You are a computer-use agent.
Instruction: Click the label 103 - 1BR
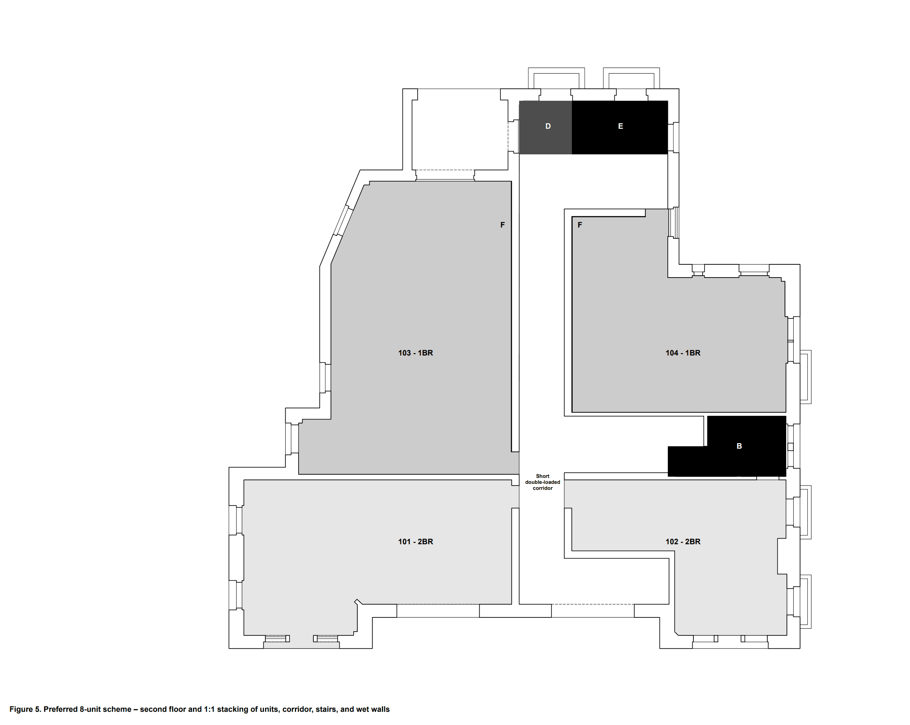tap(415, 353)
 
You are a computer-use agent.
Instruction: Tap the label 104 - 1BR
tap(683, 353)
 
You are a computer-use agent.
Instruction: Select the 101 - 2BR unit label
tap(415, 542)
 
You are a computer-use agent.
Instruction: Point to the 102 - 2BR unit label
tap(683, 542)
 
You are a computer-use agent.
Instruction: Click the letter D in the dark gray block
tap(548, 126)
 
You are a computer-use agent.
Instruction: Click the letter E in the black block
tap(620, 126)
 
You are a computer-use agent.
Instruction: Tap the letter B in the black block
tap(739, 446)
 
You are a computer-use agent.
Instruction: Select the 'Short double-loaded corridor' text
tap(543, 482)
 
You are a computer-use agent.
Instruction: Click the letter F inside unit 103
tap(502, 225)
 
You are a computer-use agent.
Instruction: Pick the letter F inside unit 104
tap(580, 225)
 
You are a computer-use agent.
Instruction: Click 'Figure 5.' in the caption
tap(25, 709)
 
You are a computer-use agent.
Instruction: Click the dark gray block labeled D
tap(546, 128)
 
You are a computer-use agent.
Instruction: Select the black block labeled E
tap(619, 128)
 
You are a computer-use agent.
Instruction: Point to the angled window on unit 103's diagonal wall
tap(343, 220)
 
